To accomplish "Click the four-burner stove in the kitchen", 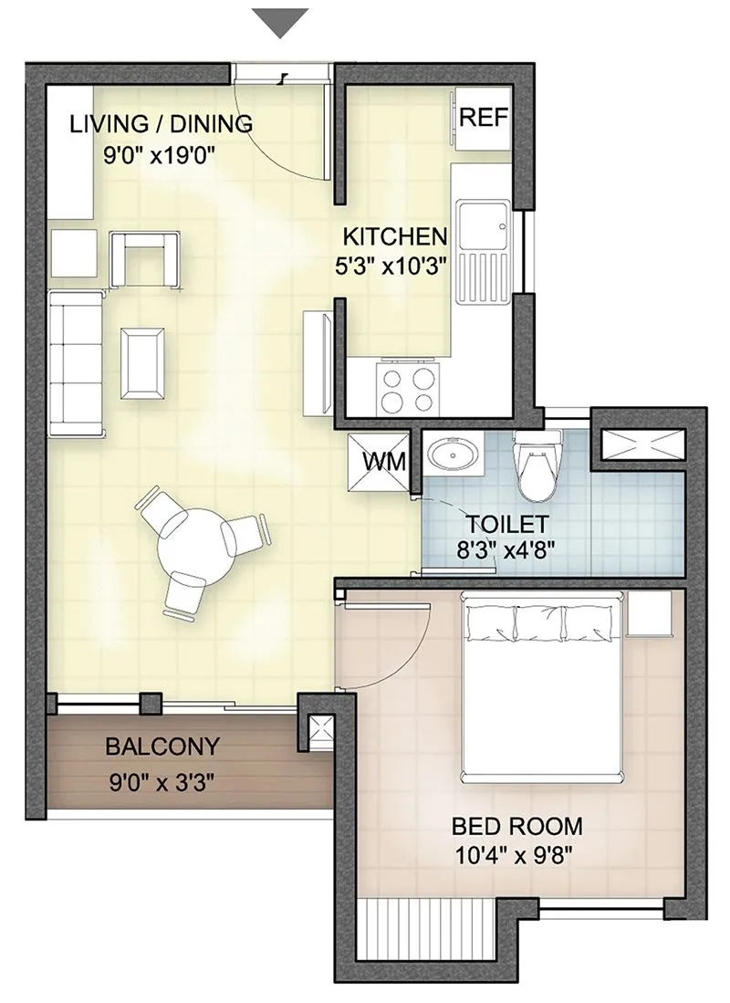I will [408, 390].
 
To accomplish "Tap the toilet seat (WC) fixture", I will [535, 465].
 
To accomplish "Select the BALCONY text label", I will [162, 747].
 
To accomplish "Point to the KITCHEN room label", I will [395, 237].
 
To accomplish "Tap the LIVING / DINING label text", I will [161, 124].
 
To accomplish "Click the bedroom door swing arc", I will [406, 652].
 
